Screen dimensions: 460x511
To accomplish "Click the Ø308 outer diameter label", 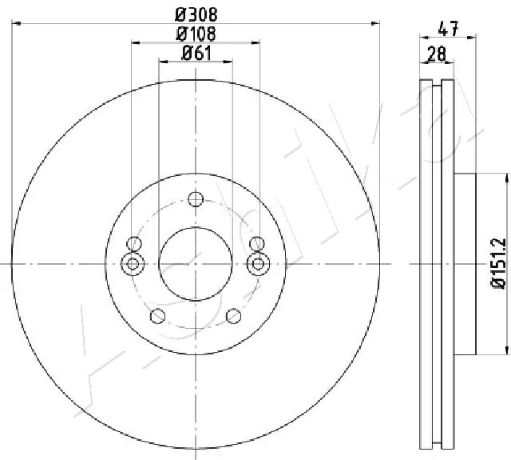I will click(x=196, y=14).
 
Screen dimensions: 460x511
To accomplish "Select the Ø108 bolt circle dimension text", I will click(x=196, y=34).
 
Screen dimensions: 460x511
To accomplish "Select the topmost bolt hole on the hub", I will click(x=196, y=199).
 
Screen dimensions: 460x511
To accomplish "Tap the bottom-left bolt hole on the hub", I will click(x=157, y=315).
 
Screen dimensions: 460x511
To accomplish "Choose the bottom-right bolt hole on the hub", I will click(x=233, y=315).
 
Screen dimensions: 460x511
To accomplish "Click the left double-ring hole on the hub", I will click(x=133, y=263).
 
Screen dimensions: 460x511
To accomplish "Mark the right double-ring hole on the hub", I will click(x=257, y=263).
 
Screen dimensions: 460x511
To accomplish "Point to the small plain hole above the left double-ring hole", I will click(x=134, y=244).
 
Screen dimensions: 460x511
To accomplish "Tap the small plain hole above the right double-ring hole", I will click(x=256, y=244).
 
